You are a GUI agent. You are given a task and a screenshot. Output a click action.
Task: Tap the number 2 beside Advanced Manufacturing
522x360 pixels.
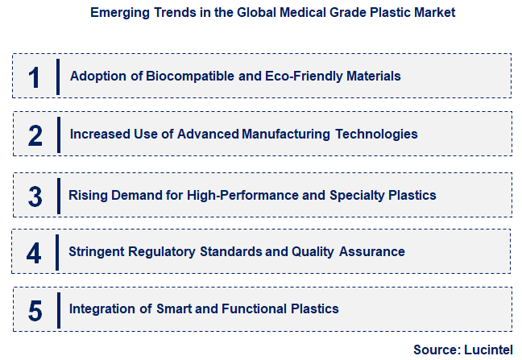point(35,135)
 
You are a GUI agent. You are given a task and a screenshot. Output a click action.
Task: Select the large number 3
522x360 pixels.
point(35,196)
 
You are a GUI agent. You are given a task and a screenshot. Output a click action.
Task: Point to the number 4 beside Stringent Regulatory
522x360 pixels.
point(34,253)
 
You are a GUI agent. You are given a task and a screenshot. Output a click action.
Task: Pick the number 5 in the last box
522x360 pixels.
point(35,310)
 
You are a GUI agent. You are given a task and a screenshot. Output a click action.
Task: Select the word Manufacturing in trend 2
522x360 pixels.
point(284,134)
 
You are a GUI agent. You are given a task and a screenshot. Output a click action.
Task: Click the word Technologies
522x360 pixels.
point(375,134)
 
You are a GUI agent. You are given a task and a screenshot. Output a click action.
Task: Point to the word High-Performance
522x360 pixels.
point(237,195)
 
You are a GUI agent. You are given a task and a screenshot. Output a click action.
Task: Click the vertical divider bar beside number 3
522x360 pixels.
point(58,196)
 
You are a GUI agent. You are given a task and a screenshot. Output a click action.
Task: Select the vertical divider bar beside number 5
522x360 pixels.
point(58,310)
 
